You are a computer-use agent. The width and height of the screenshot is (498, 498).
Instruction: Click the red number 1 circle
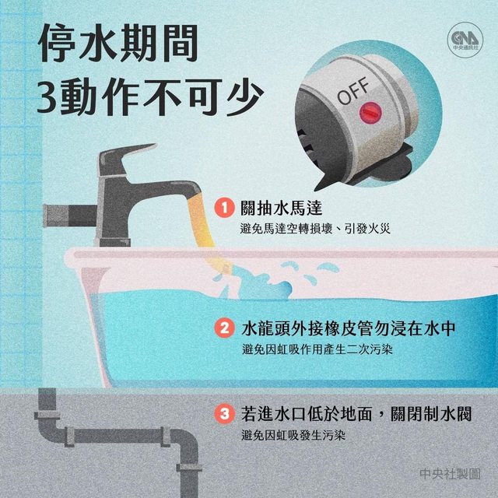[225, 209]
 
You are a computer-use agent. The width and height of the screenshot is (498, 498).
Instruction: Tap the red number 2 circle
[225, 328]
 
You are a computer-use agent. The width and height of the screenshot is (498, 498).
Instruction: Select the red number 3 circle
[225, 414]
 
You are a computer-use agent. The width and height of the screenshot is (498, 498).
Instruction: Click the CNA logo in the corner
[465, 40]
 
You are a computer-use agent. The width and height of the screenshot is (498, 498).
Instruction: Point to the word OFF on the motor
[353, 92]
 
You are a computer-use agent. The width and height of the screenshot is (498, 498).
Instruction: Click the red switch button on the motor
[370, 113]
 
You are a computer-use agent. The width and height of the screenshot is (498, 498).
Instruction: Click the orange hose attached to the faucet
[205, 231]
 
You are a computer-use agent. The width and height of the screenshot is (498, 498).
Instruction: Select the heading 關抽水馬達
[282, 208]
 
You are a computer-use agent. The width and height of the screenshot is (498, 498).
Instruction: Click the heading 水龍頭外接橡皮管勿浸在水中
[349, 328]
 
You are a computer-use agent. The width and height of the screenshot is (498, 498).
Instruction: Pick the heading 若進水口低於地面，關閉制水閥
[356, 414]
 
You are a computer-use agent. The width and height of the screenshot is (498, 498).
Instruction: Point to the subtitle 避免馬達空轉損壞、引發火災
[315, 229]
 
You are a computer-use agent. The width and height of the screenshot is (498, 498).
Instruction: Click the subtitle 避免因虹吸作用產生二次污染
[317, 349]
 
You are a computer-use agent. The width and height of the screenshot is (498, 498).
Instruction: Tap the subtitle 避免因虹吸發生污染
[293, 435]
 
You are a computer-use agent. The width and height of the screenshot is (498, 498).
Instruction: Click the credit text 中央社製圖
[450, 474]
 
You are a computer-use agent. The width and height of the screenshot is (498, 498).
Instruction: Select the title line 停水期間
[118, 43]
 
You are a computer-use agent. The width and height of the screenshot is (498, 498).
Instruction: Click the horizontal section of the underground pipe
[117, 437]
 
